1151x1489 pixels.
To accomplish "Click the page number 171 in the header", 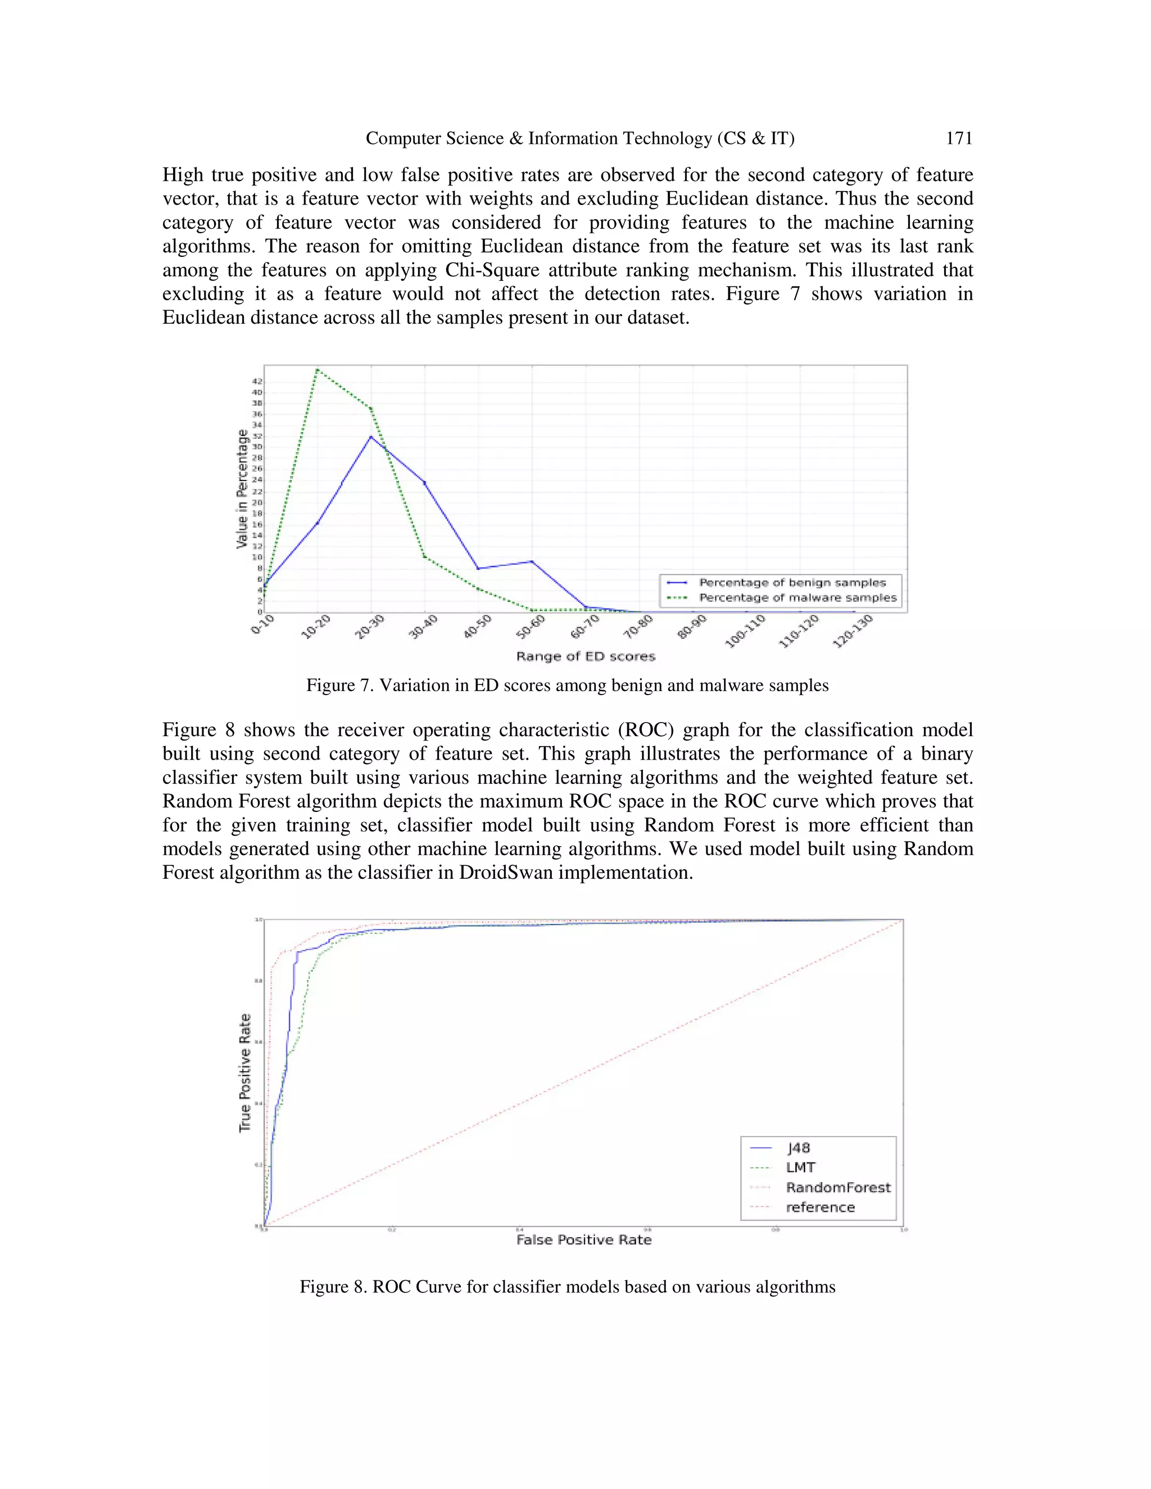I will pyautogui.click(x=958, y=138).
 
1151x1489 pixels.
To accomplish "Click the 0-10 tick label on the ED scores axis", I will pyautogui.click(x=262, y=624).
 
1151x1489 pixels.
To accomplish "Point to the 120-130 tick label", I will pyautogui.click(x=853, y=630).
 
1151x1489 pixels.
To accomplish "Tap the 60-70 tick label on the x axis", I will pyautogui.click(x=584, y=627).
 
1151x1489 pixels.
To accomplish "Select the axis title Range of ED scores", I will pyautogui.click(x=585, y=656).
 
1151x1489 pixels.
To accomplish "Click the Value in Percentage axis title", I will pyautogui.click(x=242, y=489).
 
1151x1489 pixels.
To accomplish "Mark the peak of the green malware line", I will pyautogui.click(x=318, y=370).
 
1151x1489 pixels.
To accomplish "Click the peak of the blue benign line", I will pyautogui.click(x=371, y=437).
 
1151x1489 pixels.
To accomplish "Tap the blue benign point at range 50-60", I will pyautogui.click(x=532, y=562).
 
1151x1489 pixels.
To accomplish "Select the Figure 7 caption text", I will pyautogui.click(x=567, y=685).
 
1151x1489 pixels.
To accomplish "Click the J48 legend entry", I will pyautogui.click(x=798, y=1148).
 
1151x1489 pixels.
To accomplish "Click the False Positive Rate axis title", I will pyautogui.click(x=584, y=1240).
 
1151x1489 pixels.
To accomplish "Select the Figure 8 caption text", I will pyautogui.click(x=567, y=1287).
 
